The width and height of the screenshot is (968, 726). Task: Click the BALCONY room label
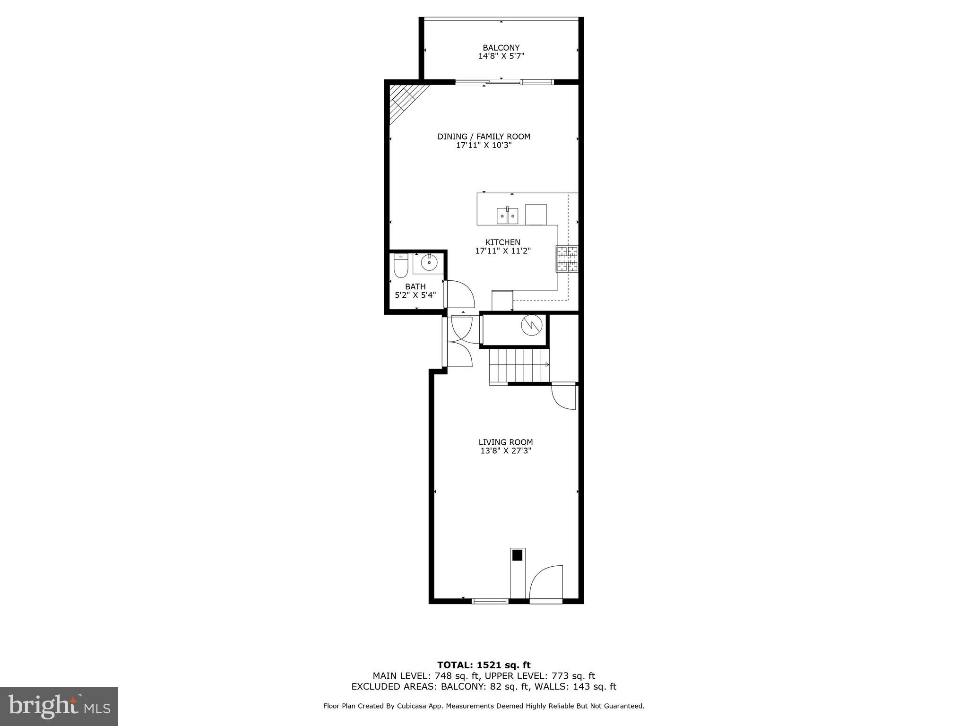(x=501, y=48)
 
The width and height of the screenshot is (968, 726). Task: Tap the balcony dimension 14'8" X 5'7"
(x=501, y=56)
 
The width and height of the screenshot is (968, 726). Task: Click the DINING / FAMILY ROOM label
(x=484, y=137)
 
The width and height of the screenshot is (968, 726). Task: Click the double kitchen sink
(x=507, y=216)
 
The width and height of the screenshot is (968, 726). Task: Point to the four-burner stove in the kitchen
(x=567, y=259)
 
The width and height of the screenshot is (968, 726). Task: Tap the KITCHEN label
(x=502, y=242)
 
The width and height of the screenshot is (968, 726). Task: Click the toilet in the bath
(x=400, y=266)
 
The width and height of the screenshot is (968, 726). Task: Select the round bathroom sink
(x=429, y=263)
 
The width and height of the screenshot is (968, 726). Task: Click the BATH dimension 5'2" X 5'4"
(x=415, y=295)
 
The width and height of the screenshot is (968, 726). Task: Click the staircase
(x=519, y=365)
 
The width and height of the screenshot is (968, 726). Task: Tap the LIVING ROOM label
(x=505, y=442)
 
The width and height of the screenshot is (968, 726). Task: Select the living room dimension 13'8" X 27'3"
(x=505, y=451)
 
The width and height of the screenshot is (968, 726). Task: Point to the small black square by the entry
(x=518, y=555)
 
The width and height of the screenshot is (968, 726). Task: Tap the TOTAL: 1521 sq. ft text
(x=484, y=665)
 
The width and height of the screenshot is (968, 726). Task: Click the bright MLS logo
(x=59, y=707)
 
